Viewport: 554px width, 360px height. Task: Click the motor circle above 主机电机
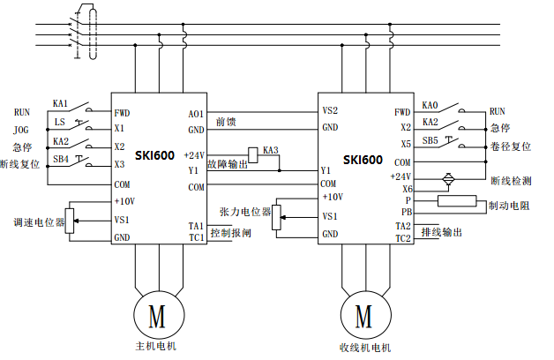point(156,314)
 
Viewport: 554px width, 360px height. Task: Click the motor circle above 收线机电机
point(363,314)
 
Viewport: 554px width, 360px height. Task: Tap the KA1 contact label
point(61,102)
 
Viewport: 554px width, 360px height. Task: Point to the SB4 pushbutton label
point(61,159)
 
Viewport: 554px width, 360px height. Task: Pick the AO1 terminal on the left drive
point(196,114)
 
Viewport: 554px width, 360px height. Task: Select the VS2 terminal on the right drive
point(330,111)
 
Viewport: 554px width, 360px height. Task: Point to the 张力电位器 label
point(244,212)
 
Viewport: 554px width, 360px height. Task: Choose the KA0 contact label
point(430,103)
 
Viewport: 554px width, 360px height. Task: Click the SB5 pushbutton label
point(430,140)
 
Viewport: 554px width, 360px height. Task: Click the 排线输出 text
point(442,233)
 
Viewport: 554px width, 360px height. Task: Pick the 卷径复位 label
point(509,146)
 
